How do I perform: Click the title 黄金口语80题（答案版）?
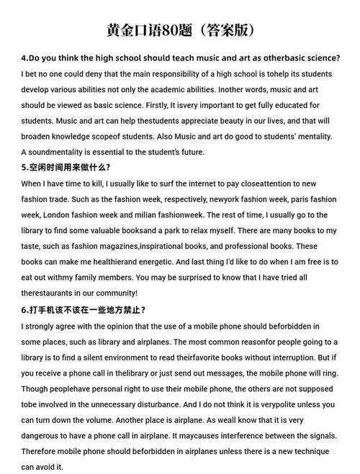coord(180,30)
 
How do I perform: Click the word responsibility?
coord(191,73)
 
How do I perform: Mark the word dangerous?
coord(42,435)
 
